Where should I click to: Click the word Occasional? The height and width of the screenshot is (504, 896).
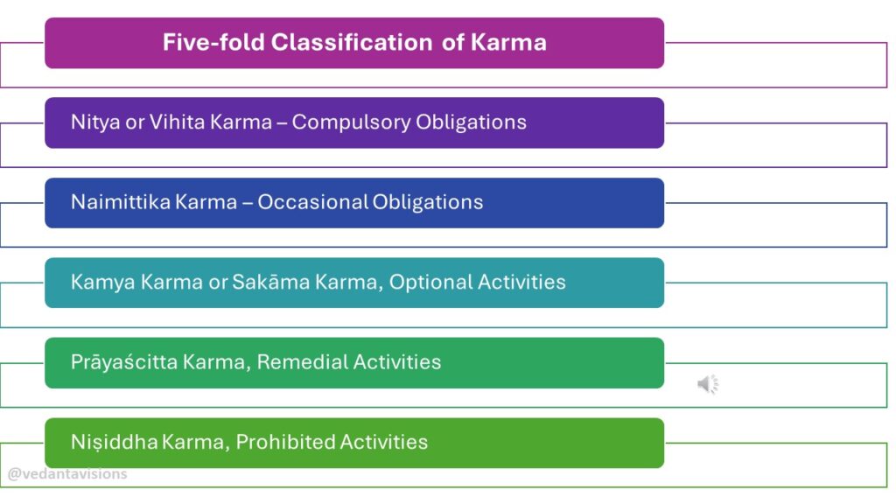click(x=312, y=202)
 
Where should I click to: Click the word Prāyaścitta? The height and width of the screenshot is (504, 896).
click(x=123, y=362)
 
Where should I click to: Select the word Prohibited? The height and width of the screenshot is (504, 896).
click(x=287, y=442)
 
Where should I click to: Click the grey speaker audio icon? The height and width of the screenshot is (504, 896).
click(x=708, y=384)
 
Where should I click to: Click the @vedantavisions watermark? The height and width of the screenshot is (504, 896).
click(x=67, y=474)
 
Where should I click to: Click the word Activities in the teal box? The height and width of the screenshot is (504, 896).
click(x=521, y=283)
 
